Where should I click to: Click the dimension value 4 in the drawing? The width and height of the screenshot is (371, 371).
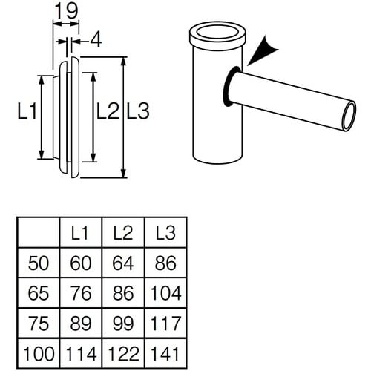coord(95,42)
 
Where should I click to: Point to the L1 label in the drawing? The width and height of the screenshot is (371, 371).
coord(27,113)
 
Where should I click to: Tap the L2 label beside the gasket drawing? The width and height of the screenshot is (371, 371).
coord(108,112)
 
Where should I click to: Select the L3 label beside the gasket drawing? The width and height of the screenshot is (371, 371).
coord(139,112)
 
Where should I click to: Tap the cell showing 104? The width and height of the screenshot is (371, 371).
coord(165,292)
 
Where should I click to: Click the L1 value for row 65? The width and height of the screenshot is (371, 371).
coord(80,292)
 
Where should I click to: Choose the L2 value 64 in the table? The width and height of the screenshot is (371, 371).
coord(122,263)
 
